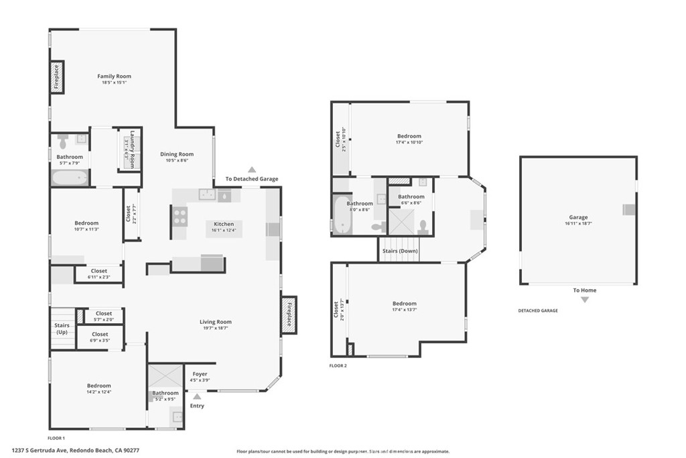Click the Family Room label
(114, 76)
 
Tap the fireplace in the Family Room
(57, 76)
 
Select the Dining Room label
(177, 154)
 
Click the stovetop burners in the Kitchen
(180, 216)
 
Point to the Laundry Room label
(133, 148)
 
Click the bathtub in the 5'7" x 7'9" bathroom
(70, 178)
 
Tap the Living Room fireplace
(289, 314)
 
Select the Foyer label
(200, 374)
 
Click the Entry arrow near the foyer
(197, 397)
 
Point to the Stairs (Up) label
(62, 329)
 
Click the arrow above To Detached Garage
(251, 170)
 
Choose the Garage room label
(578, 217)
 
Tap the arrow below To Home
(584, 300)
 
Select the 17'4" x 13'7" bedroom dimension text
(404, 310)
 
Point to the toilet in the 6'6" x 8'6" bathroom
(423, 225)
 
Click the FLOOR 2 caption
(338, 365)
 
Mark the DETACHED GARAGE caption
(537, 310)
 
